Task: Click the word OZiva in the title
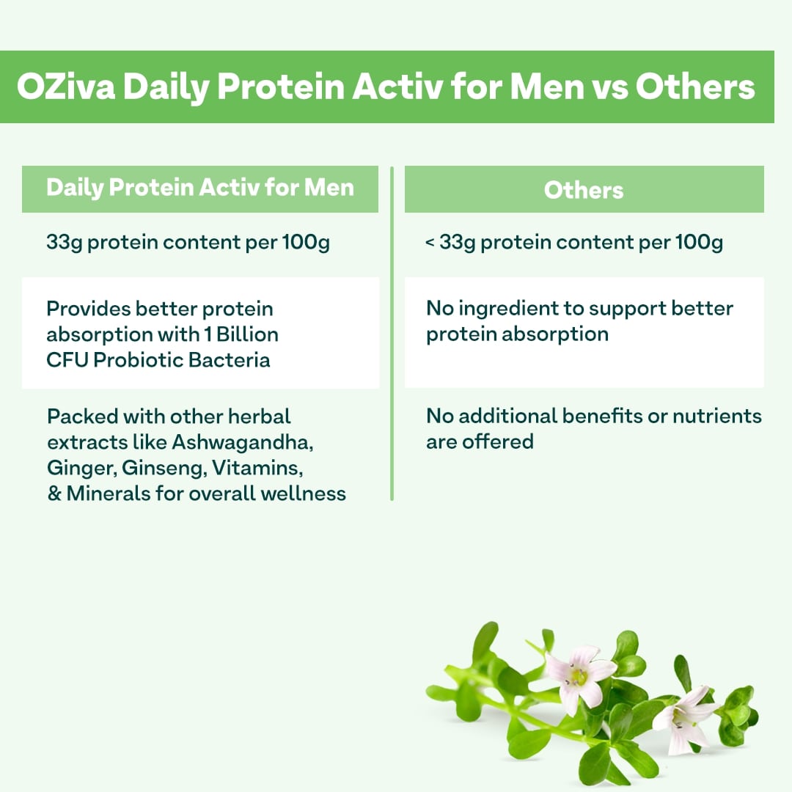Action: coord(64,87)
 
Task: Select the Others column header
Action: coord(584,190)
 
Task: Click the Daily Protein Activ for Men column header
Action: coord(200,188)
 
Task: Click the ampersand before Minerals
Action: coord(54,494)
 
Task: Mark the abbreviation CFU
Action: coord(66,360)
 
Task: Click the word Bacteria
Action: coord(232,360)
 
